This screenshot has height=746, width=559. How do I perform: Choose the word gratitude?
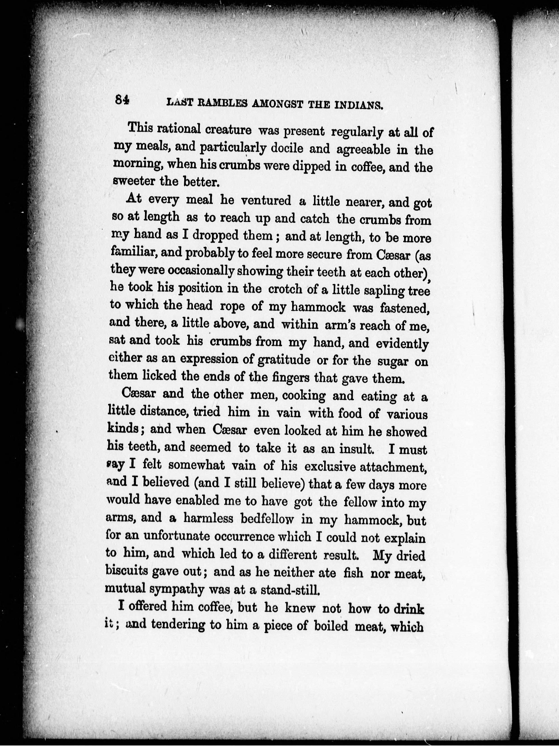(x=284, y=360)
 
